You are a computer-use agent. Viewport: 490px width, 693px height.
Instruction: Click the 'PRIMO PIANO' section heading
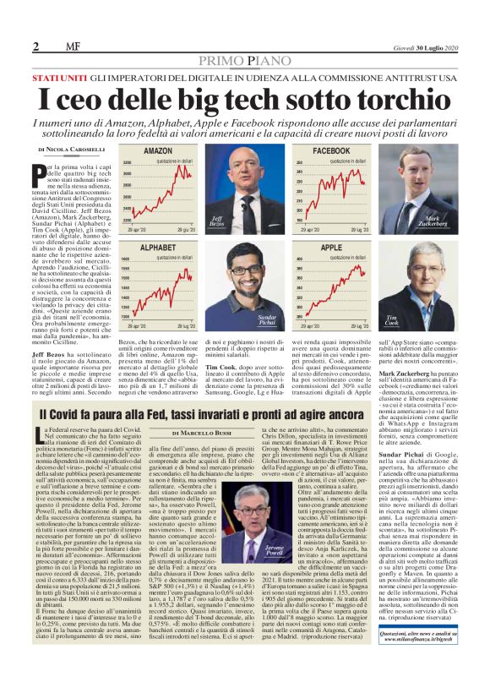click(x=244, y=61)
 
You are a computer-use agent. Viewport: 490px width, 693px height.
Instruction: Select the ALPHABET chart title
click(x=158, y=247)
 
